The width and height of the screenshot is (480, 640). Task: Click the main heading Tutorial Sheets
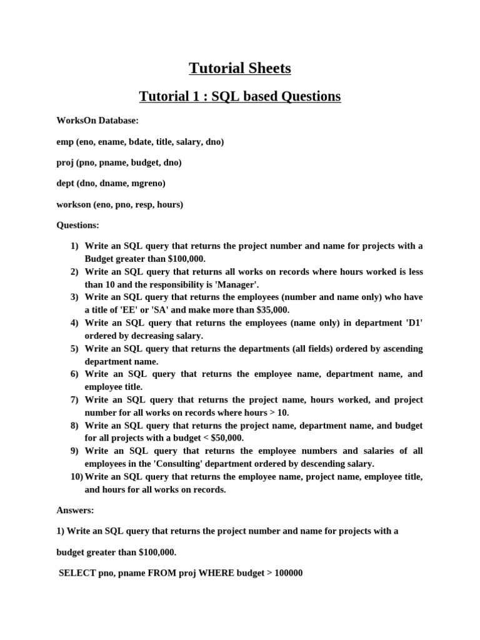240,68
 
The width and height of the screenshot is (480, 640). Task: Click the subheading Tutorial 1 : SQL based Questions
240,96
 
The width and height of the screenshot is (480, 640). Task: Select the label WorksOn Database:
97,121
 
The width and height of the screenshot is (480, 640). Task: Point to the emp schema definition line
140,142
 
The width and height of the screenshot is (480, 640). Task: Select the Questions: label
77,225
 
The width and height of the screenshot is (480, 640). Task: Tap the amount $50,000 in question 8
224,438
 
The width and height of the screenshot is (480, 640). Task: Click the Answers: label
75,510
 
